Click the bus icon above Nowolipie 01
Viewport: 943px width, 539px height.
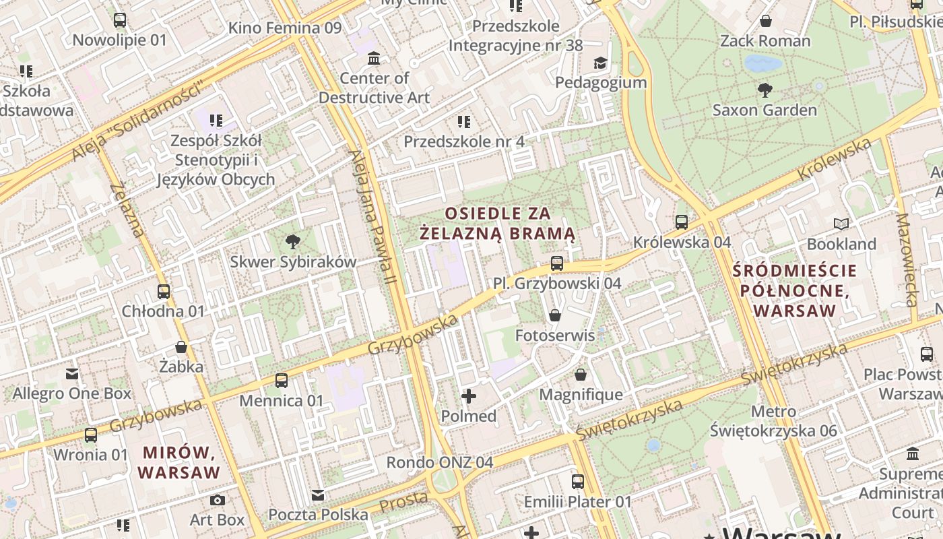click(x=120, y=20)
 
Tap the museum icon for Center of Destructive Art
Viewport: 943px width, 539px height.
click(x=374, y=59)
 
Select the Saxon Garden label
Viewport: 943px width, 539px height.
click(x=765, y=110)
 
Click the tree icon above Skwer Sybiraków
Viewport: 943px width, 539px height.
click(x=293, y=241)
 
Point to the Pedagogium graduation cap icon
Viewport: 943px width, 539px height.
click(x=599, y=63)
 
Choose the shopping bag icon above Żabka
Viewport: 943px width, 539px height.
click(x=181, y=347)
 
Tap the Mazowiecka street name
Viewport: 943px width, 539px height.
click(x=907, y=260)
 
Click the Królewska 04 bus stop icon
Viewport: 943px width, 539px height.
click(x=682, y=222)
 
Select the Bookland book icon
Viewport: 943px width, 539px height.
click(x=841, y=224)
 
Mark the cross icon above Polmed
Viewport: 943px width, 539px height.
click(x=469, y=396)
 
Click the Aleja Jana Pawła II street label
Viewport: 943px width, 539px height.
click(x=372, y=216)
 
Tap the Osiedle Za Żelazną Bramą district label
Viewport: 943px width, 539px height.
click(x=497, y=224)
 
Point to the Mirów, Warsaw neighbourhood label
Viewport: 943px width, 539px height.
click(x=179, y=462)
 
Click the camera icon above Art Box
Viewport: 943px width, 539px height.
click(x=217, y=500)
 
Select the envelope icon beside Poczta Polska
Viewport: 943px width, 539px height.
click(x=318, y=495)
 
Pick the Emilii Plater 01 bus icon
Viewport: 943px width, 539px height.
click(x=578, y=482)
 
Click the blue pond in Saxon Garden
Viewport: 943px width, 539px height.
click(x=763, y=64)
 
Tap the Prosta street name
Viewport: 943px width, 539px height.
click(x=403, y=502)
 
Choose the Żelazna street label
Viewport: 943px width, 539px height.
click(x=127, y=210)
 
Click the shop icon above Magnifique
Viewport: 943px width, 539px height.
click(x=581, y=375)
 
